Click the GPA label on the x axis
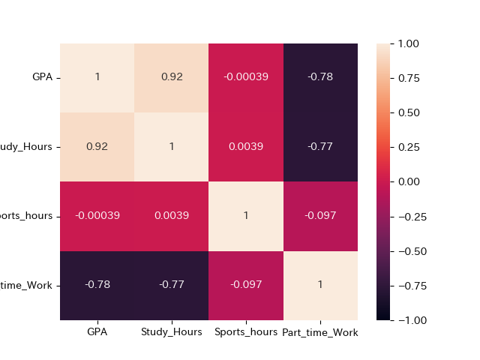97,331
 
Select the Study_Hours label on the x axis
171,331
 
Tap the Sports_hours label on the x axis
245,331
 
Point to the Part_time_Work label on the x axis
320,331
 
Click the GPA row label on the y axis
42,78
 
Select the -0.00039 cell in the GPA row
245,78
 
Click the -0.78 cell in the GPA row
320,78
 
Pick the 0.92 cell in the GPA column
97,147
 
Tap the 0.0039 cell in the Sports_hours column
245,147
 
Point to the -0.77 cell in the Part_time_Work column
320,147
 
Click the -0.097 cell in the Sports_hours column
245,285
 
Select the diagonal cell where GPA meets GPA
97,78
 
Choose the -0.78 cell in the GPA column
97,285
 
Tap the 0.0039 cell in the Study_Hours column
171,216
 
